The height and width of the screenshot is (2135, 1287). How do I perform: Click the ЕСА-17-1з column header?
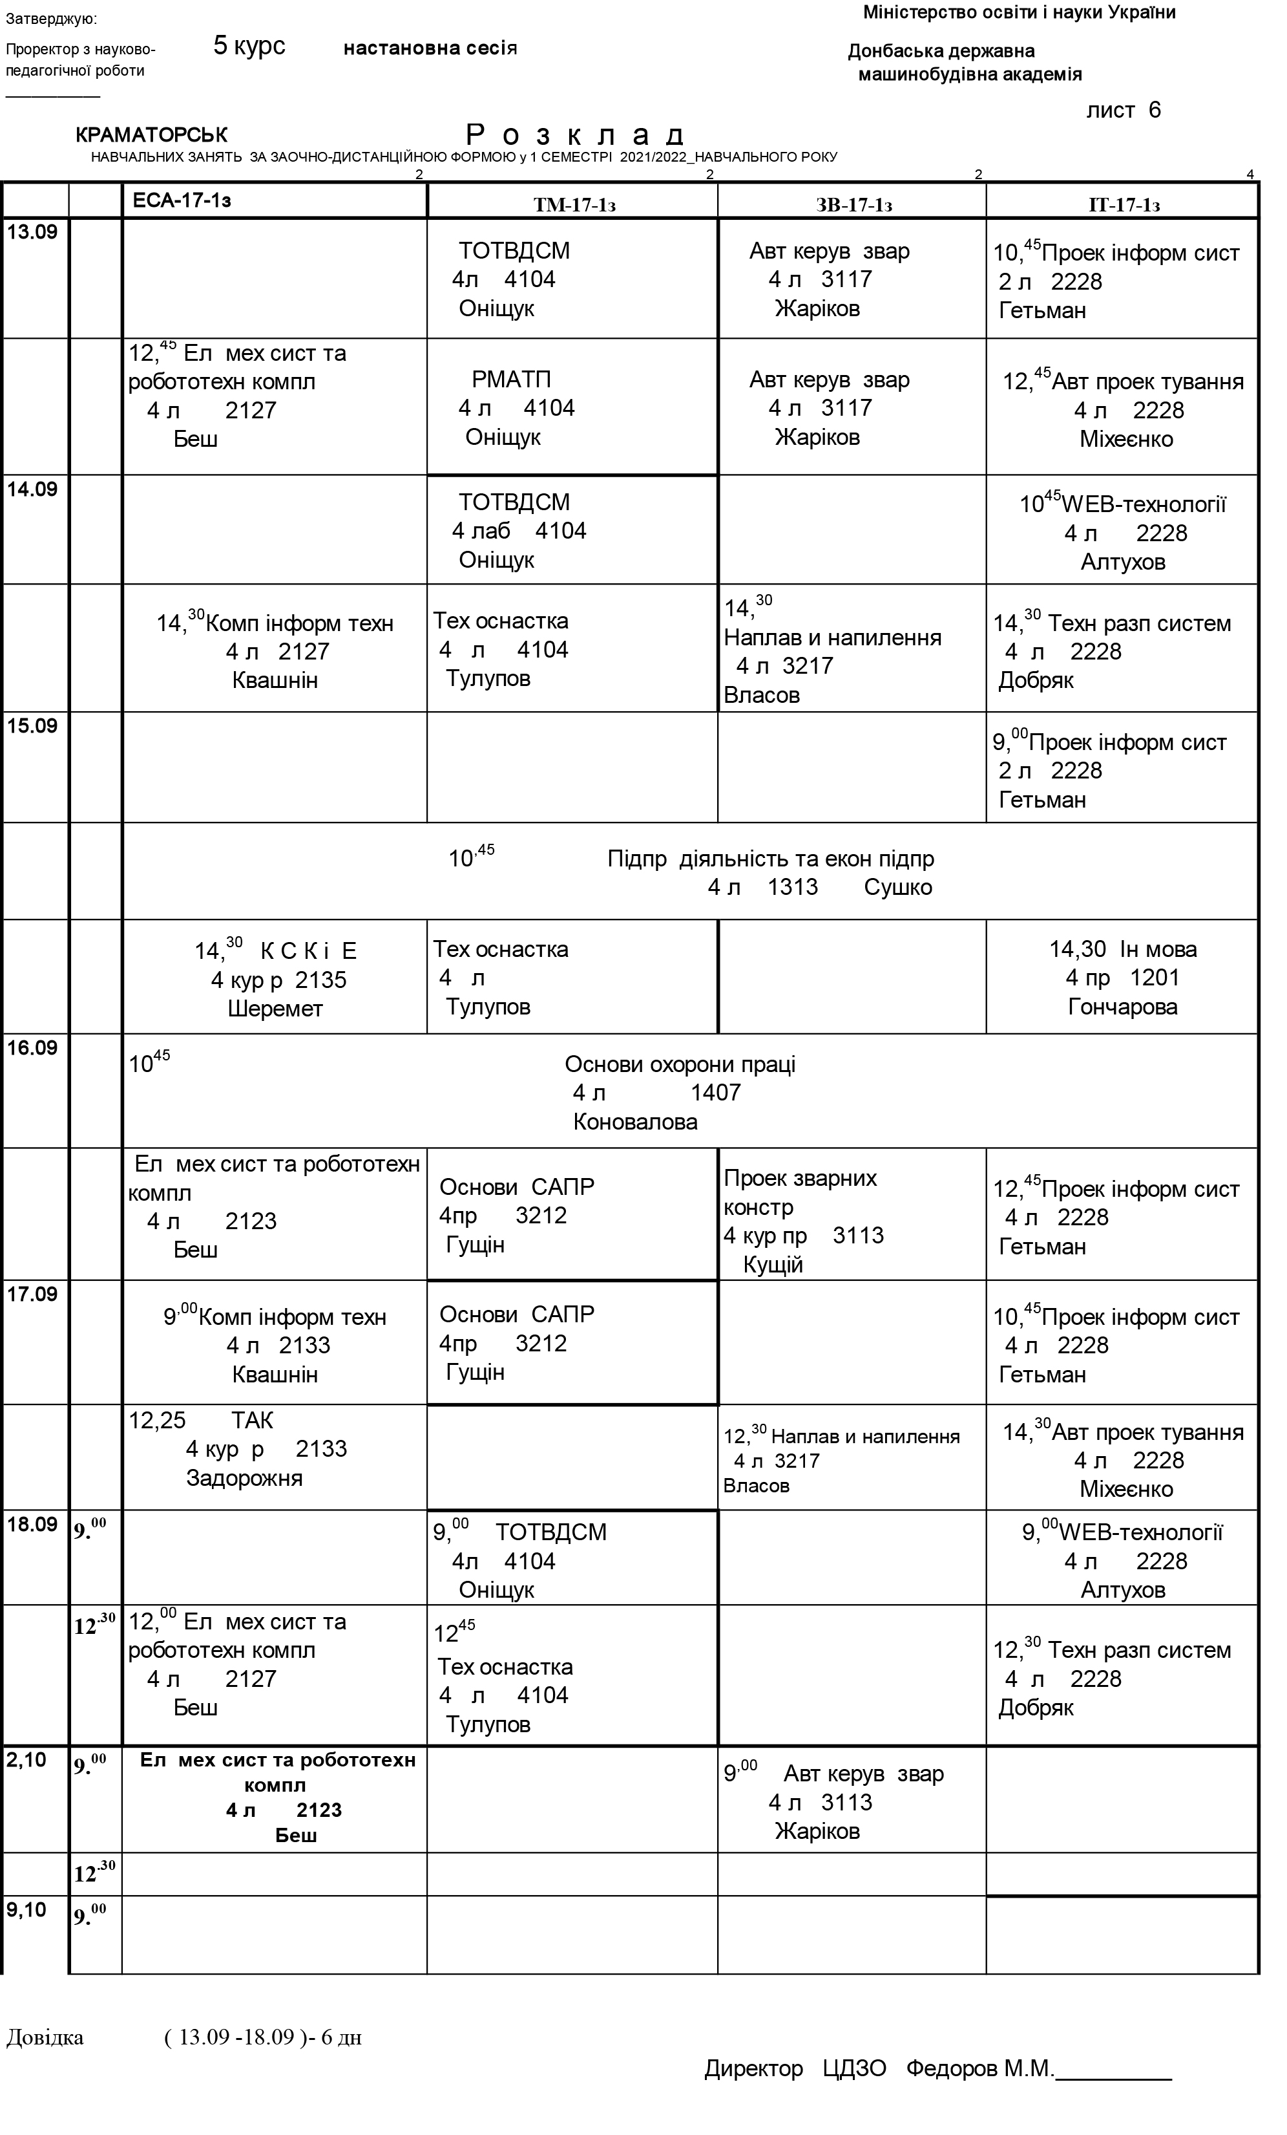182,201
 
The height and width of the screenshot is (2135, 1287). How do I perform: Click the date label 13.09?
32,232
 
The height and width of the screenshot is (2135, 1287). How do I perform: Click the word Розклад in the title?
576,135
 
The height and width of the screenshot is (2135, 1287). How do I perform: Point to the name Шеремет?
275,1009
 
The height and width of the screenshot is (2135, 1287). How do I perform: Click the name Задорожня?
244,1478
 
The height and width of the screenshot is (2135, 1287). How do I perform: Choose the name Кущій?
773,1265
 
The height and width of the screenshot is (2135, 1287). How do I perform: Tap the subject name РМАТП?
511,380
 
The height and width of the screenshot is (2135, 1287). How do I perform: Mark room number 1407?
715,1093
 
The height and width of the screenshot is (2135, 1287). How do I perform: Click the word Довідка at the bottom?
45,2037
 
